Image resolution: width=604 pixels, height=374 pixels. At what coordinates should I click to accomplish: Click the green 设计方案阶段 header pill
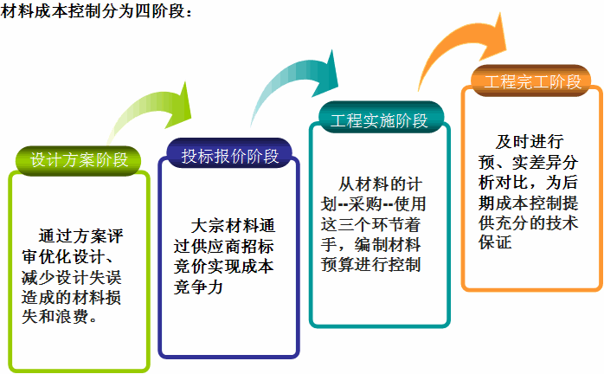(78, 160)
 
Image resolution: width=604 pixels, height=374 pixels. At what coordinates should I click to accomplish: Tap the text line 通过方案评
(80, 236)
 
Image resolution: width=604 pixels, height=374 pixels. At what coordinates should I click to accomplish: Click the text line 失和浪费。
(60, 317)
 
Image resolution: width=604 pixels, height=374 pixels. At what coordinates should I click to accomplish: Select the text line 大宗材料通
(233, 226)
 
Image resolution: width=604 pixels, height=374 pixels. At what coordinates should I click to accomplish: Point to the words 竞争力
(198, 287)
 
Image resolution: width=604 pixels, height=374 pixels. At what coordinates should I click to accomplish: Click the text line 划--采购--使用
(373, 204)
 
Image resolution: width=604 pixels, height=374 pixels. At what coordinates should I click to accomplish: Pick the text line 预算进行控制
(370, 265)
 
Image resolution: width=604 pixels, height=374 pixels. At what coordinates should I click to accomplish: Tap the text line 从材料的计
(380, 184)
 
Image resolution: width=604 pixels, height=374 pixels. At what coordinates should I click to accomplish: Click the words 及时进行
(530, 142)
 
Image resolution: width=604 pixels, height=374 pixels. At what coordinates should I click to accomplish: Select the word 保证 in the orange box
(495, 242)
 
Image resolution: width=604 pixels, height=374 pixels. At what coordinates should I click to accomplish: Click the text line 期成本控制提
(528, 203)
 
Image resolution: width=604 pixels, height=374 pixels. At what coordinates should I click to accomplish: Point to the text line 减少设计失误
(72, 277)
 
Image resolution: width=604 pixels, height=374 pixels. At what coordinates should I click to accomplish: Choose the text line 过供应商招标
(223, 247)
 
